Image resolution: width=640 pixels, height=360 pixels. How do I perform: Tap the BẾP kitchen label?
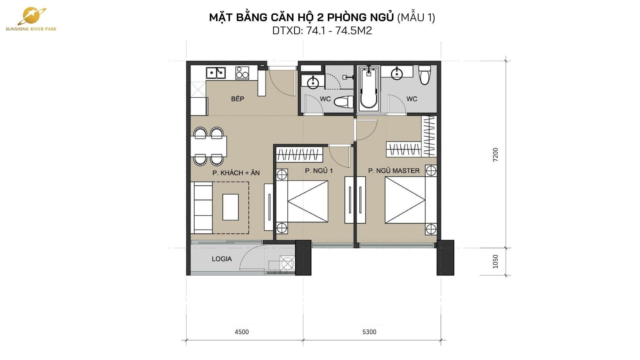(x=237, y=99)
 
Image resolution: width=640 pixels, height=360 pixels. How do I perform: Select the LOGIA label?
(x=222, y=259)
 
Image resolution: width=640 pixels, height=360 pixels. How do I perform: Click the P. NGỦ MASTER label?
(x=394, y=171)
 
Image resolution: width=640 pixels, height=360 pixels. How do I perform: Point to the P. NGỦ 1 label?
(x=319, y=171)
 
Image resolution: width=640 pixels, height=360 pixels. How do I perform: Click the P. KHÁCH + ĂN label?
(x=236, y=173)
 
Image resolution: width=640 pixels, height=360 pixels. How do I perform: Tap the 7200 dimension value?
(x=495, y=155)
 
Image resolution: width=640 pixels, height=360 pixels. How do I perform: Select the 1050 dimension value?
(x=495, y=261)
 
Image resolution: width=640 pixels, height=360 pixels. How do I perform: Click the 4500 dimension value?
(x=242, y=332)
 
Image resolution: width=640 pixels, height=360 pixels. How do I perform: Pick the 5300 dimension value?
(x=369, y=332)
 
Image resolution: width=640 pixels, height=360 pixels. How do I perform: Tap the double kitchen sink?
(x=216, y=73)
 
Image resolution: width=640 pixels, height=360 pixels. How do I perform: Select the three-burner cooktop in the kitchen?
(x=242, y=73)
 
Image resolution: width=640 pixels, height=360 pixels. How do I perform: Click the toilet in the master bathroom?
(x=425, y=75)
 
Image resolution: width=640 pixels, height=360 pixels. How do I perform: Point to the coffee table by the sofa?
(x=230, y=207)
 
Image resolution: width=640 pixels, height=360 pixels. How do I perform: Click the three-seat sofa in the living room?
(x=203, y=208)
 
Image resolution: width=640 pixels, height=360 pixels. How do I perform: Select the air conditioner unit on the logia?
(x=287, y=264)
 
